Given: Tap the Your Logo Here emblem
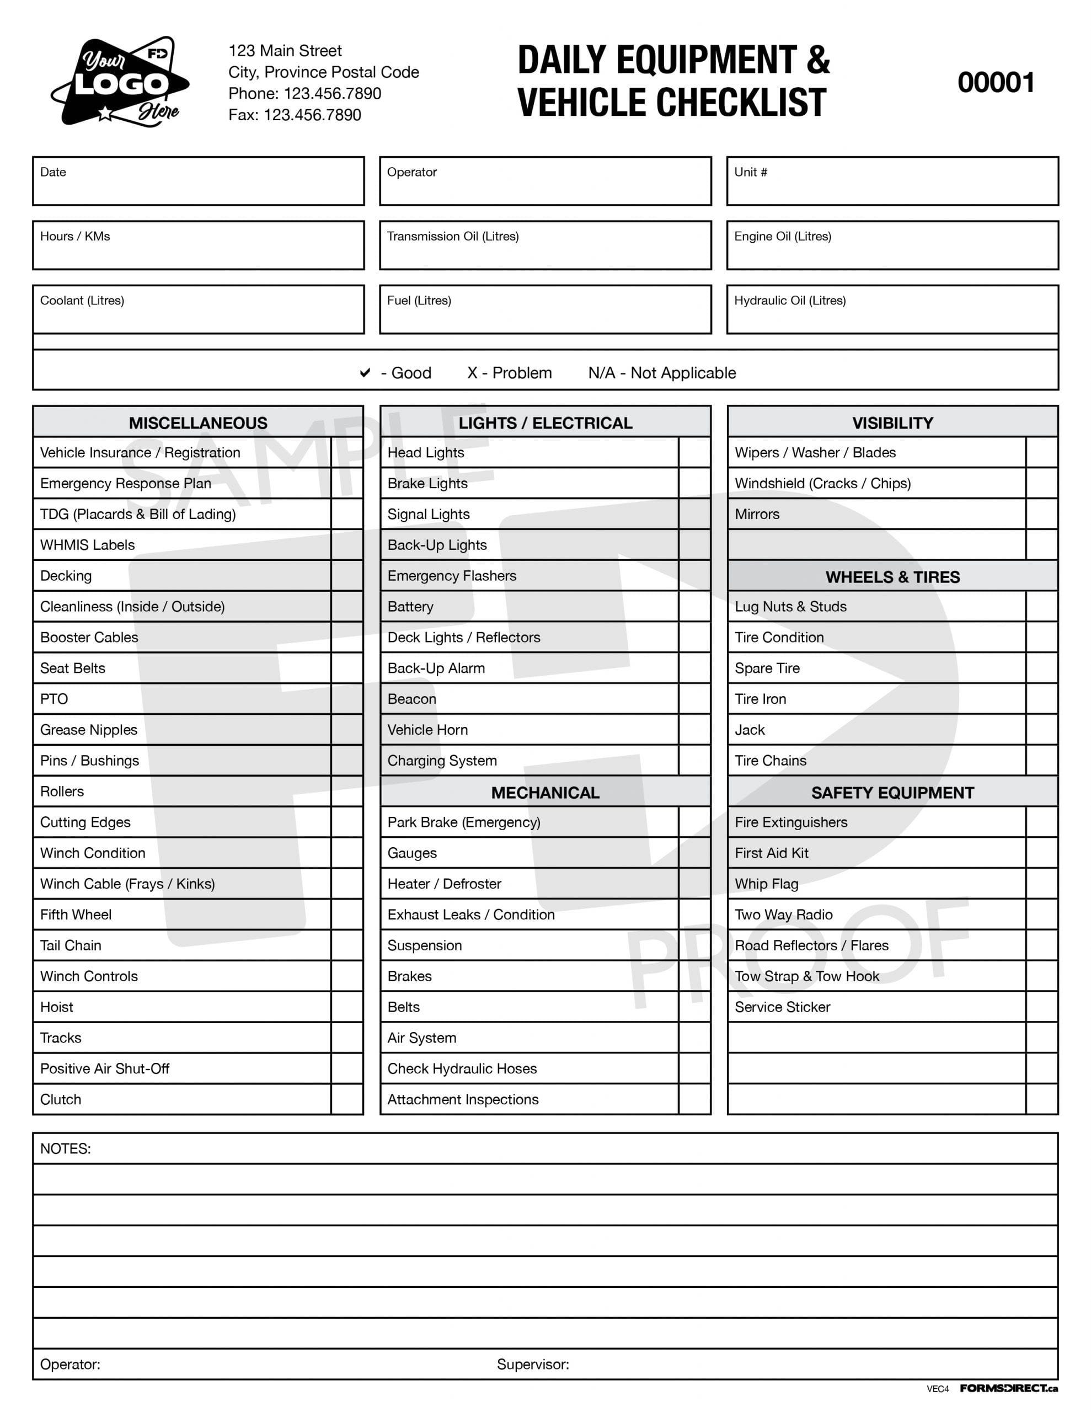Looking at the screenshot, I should (120, 82).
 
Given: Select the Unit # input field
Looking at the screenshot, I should (892, 181).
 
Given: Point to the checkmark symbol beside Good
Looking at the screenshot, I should (365, 373).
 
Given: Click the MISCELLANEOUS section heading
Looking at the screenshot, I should (198, 423).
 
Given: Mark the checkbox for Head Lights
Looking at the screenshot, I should (694, 453).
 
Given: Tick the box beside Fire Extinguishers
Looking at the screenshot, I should (1041, 822).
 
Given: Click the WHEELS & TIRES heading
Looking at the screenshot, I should (892, 577).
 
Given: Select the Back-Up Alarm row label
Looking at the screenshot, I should (436, 668).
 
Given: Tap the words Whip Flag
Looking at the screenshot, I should (766, 884).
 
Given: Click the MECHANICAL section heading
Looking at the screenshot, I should (544, 793).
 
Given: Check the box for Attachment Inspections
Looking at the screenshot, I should (694, 1099).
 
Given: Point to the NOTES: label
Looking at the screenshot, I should (65, 1149).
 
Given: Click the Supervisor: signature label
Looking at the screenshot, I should (532, 1364).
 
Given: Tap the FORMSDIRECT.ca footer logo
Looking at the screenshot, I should (1008, 1388).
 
